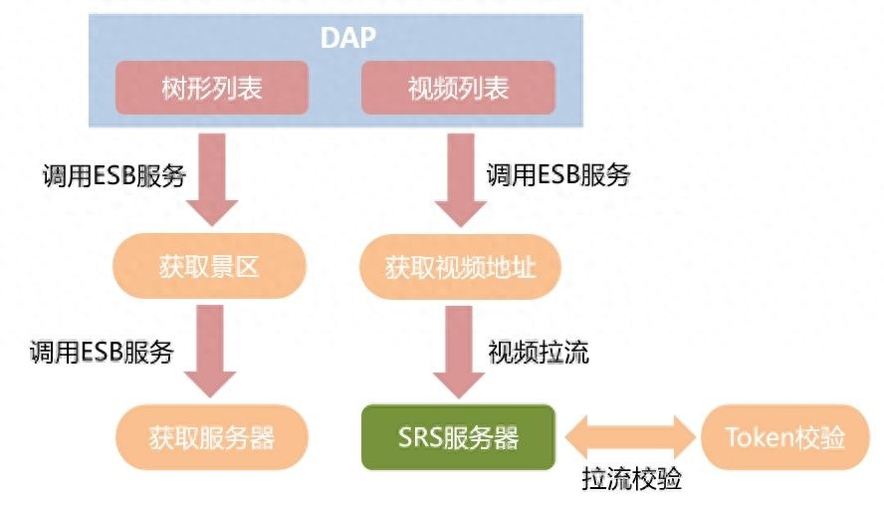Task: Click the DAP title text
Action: (347, 37)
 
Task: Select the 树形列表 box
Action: (212, 88)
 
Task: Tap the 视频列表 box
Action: (458, 88)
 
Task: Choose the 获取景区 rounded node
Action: (210, 266)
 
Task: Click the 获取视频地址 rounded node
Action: (460, 267)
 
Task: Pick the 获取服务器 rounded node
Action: (212, 437)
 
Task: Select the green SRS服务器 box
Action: (458, 437)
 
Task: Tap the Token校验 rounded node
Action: (785, 437)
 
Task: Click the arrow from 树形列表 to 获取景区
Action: (212, 179)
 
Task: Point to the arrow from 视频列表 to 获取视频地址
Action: (461, 180)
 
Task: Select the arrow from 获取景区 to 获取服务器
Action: (210, 351)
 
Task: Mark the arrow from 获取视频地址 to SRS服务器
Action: (458, 352)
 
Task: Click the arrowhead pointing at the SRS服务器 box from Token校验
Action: (576, 437)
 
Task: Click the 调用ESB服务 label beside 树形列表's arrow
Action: (114, 175)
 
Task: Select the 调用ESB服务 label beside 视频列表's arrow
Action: (558, 174)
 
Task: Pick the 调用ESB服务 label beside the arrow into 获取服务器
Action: (102, 352)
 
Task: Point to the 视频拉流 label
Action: (539, 352)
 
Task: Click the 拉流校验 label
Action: (631, 478)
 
